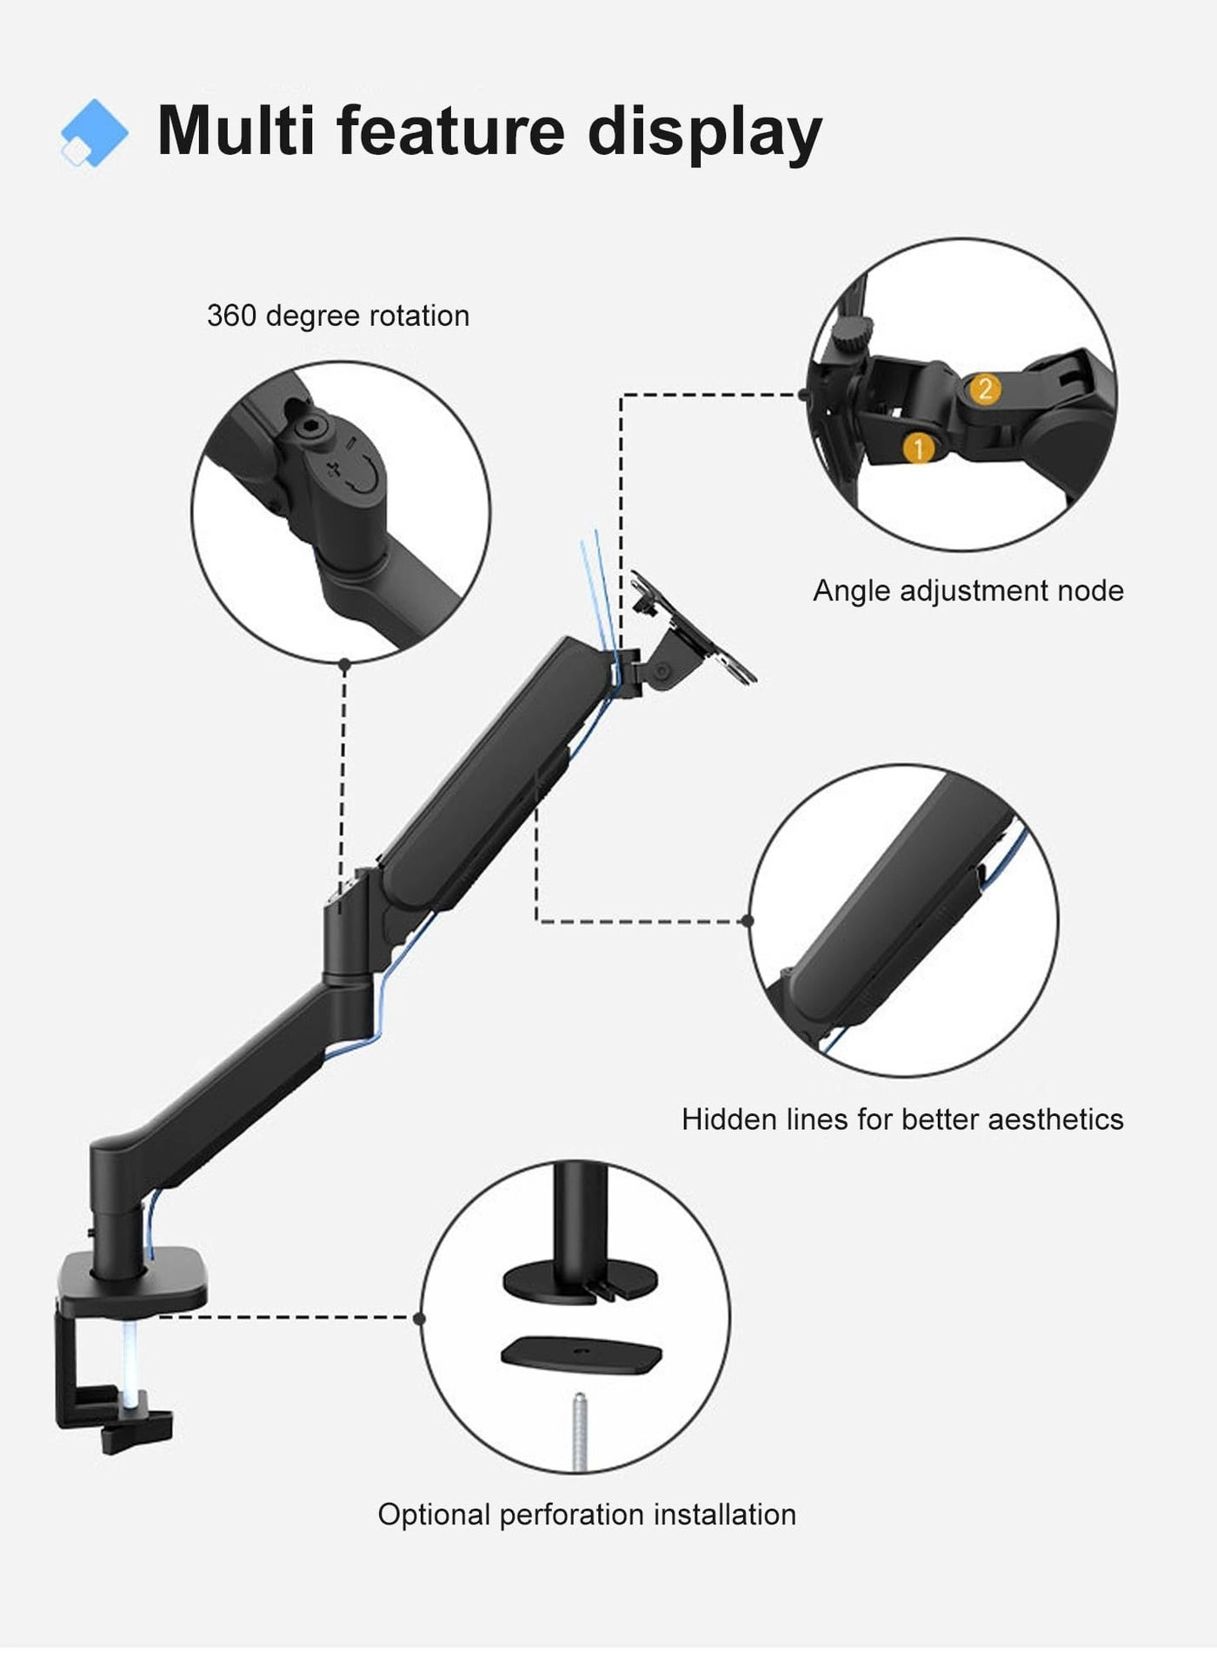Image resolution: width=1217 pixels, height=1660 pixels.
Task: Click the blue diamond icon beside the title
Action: coord(94,133)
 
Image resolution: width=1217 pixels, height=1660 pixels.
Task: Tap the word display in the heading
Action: coord(704,133)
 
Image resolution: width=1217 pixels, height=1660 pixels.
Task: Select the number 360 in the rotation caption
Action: coord(231,315)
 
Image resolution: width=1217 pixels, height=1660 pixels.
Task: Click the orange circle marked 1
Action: coord(918,448)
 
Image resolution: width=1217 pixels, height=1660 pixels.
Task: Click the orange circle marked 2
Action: coord(984,388)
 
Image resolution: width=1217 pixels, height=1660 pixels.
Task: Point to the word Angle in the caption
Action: coord(852,591)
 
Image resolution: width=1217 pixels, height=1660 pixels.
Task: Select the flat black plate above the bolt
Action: coord(582,1355)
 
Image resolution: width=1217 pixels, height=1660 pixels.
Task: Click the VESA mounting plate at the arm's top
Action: coord(695,630)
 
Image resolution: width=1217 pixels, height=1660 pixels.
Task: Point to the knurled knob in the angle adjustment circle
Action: coord(851,335)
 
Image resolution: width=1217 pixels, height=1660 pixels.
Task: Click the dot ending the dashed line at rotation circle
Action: coord(344,665)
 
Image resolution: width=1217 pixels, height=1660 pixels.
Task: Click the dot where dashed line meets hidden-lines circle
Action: coord(748,920)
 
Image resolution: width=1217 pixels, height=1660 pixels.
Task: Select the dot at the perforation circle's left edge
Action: coord(420,1318)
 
